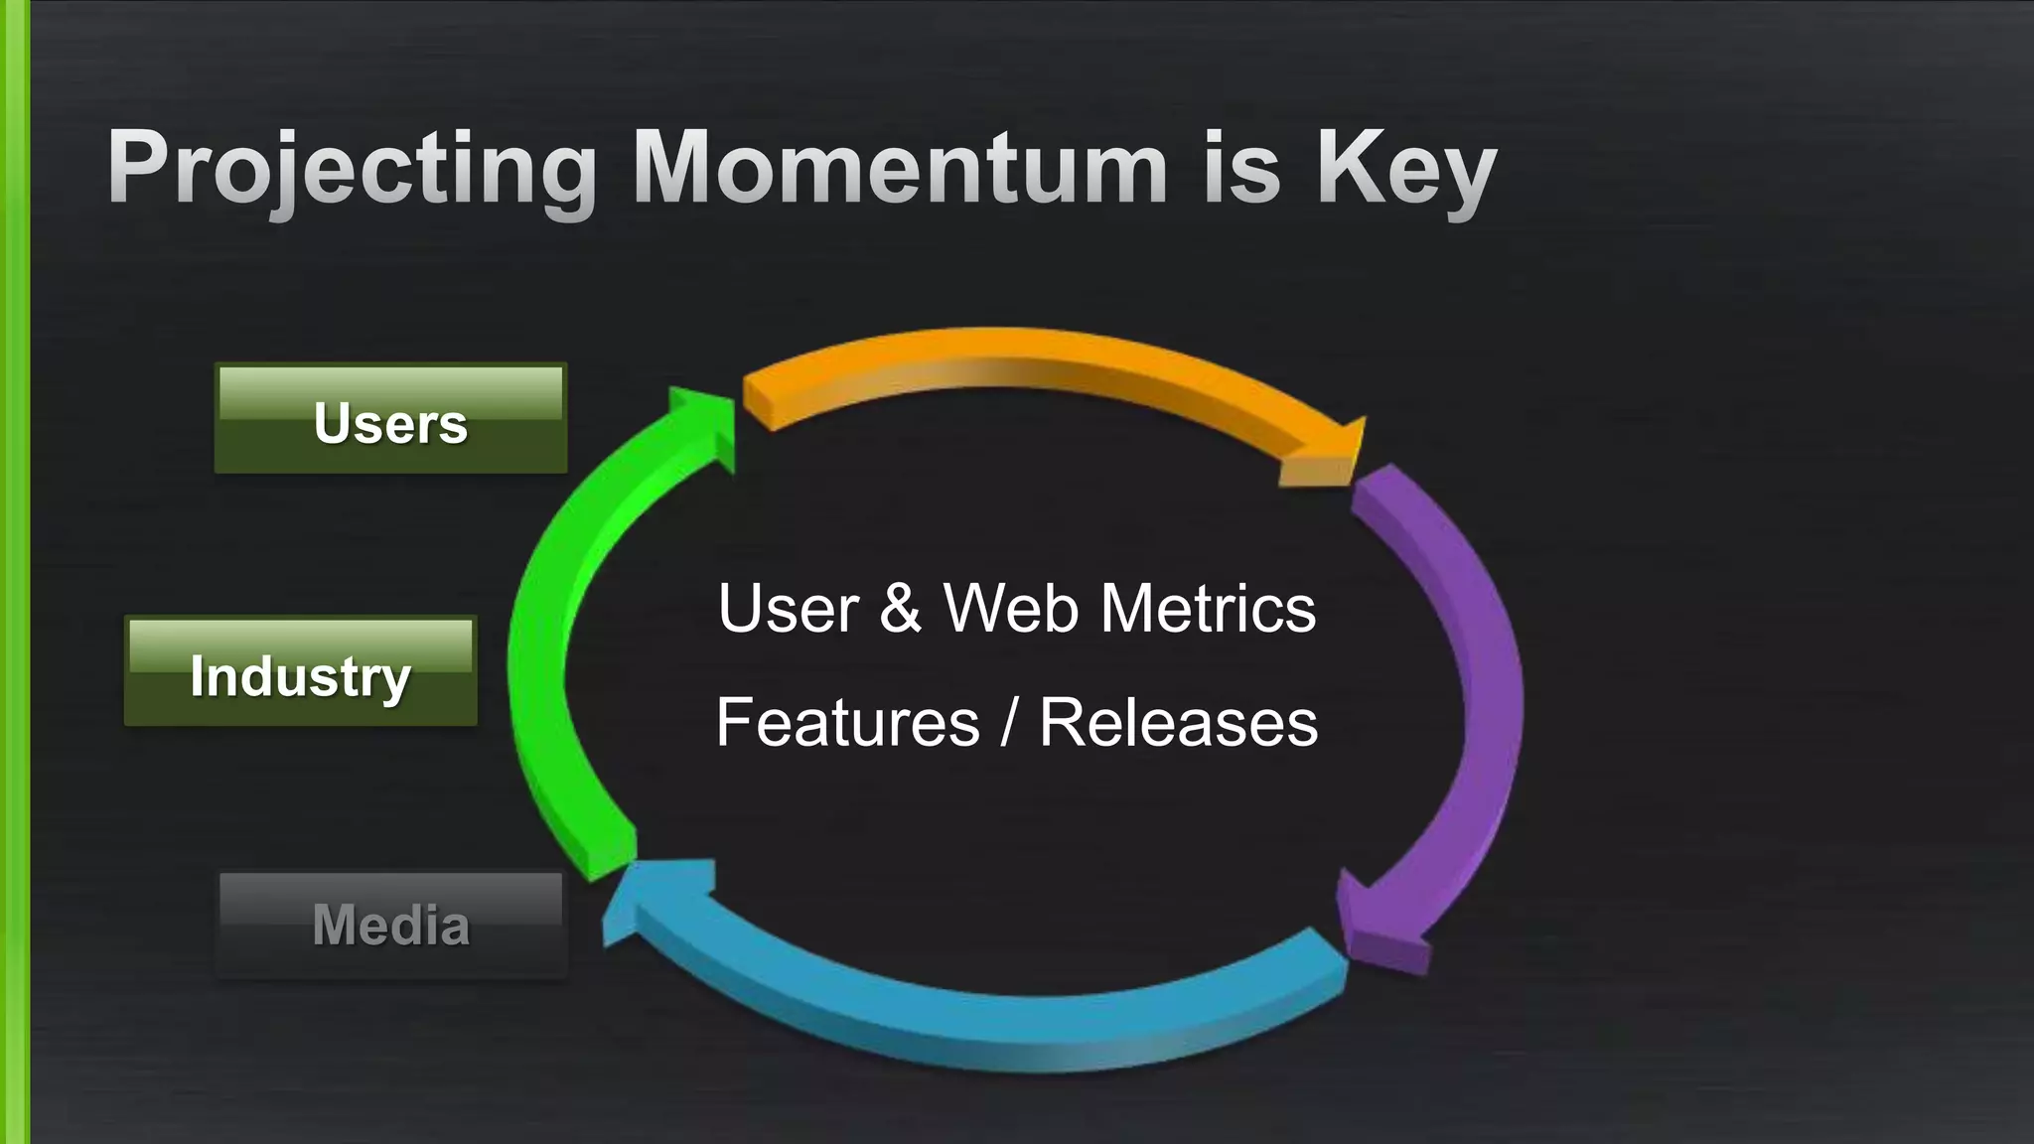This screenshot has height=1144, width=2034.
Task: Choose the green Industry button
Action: tap(301, 672)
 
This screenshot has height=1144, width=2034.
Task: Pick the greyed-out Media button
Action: tap(391, 926)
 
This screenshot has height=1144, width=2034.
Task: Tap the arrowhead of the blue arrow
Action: tap(655, 894)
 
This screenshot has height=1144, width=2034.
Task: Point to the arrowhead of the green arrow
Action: tap(705, 422)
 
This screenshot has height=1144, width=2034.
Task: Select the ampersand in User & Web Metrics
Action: tap(900, 608)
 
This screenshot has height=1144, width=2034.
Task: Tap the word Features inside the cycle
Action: tap(848, 722)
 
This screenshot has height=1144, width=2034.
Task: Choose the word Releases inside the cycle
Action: tap(1178, 722)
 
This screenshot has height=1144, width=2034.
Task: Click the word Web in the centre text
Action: tap(1010, 608)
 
